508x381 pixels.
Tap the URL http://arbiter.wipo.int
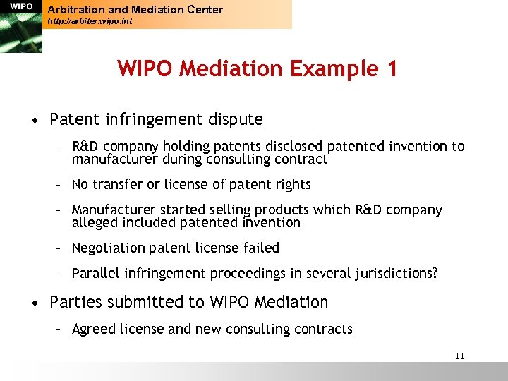[x=90, y=22]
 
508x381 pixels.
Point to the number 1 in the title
[x=392, y=69]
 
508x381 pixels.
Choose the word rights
[x=292, y=185]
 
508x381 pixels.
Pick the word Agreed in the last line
[x=94, y=329]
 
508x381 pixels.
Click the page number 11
[x=460, y=356]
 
